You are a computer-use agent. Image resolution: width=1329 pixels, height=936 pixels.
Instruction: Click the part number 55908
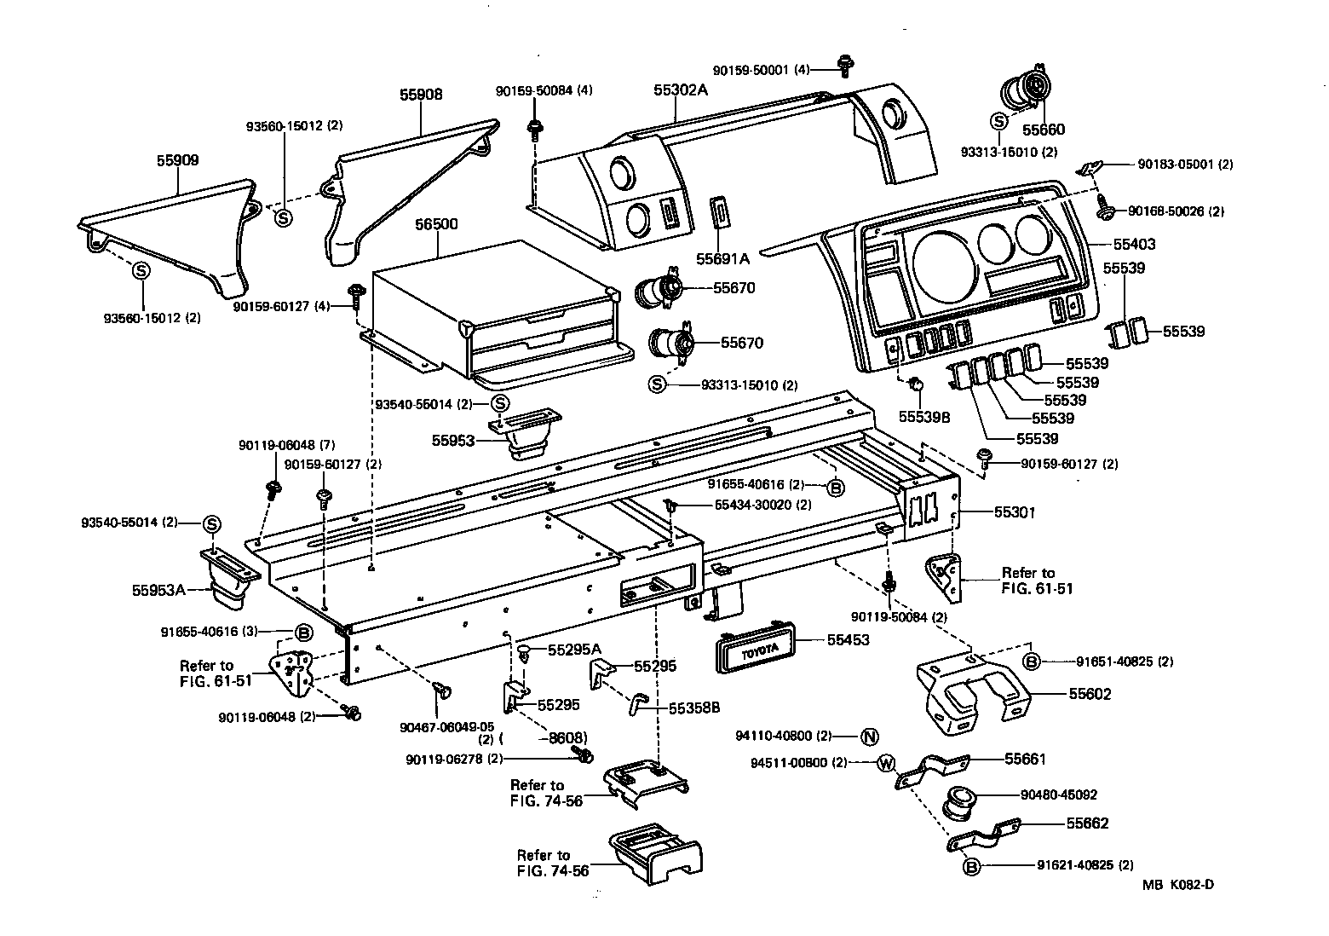click(421, 95)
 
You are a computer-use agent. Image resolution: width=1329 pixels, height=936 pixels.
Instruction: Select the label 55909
click(177, 160)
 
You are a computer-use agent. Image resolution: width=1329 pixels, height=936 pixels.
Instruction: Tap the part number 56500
click(436, 224)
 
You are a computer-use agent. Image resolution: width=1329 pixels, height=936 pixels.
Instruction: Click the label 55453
click(848, 639)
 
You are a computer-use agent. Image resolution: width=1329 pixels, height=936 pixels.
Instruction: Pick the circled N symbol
click(869, 736)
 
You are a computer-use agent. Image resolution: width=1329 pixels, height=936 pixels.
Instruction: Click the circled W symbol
click(885, 762)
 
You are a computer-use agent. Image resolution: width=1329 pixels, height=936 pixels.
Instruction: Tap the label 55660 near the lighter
click(1044, 130)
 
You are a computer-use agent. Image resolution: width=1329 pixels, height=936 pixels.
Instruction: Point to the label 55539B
click(924, 417)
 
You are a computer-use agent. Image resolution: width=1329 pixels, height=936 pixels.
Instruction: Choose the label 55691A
click(722, 257)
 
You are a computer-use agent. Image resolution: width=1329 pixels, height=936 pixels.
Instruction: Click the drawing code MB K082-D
click(1178, 884)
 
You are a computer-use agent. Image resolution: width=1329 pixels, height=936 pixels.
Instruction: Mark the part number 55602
click(1090, 694)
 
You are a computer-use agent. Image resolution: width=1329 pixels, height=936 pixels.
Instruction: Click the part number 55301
click(1015, 512)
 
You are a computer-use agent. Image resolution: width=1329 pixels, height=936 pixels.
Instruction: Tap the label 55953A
click(158, 589)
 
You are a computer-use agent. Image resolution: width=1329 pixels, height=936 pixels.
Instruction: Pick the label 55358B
click(694, 708)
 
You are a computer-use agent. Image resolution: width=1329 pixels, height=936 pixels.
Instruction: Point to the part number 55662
click(1087, 823)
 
